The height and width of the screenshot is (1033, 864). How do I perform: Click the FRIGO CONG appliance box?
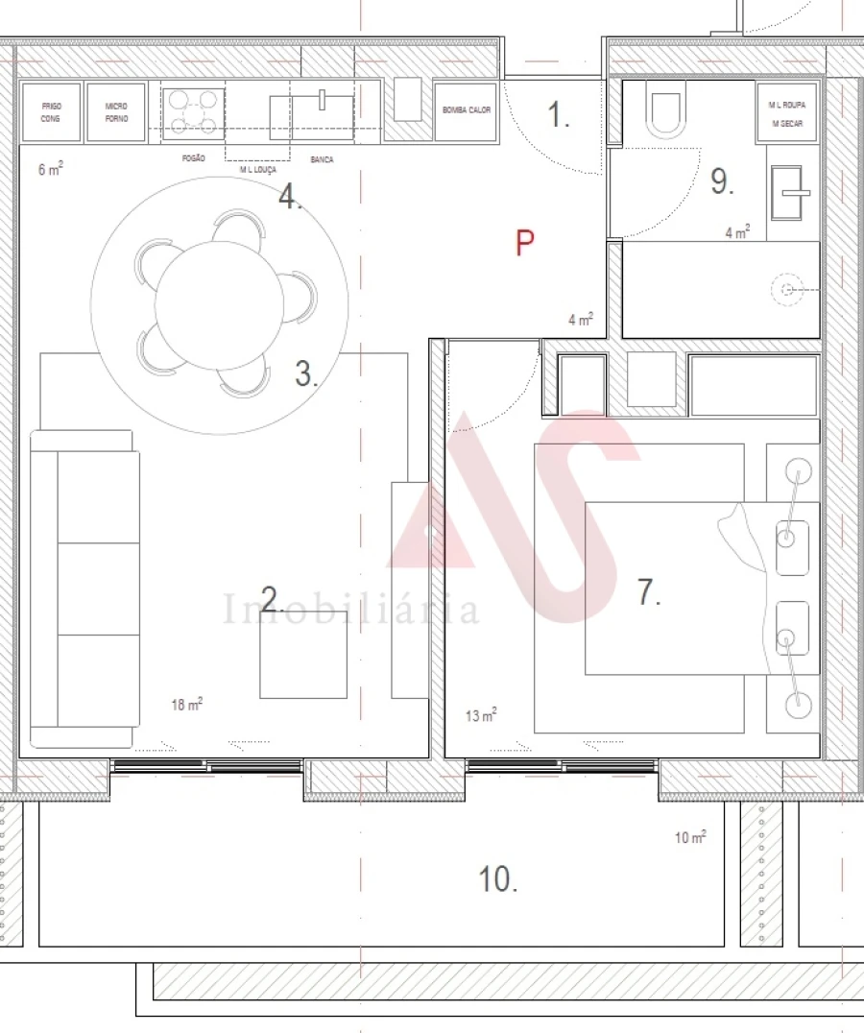coord(50,112)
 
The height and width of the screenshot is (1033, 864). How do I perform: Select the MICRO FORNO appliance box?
coord(116,112)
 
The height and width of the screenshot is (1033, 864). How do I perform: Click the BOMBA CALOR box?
coord(467,111)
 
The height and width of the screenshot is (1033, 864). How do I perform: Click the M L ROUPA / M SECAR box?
coord(787,113)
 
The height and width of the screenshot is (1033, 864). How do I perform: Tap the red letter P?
coord(524,244)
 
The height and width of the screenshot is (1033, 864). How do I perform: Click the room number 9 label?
coord(722,182)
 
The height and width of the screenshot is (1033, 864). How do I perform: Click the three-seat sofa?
coord(84,589)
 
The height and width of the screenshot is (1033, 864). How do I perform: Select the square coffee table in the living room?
coord(303,655)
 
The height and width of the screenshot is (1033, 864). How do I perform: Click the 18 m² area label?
coord(187,705)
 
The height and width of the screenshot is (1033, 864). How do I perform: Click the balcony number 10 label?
coord(498,878)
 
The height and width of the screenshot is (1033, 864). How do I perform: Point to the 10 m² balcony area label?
coord(691,837)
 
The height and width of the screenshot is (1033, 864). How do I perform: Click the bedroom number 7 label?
coord(649,593)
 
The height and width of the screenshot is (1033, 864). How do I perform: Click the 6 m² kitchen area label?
coord(51,170)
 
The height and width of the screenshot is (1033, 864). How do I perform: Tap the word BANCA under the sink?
coord(322,159)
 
